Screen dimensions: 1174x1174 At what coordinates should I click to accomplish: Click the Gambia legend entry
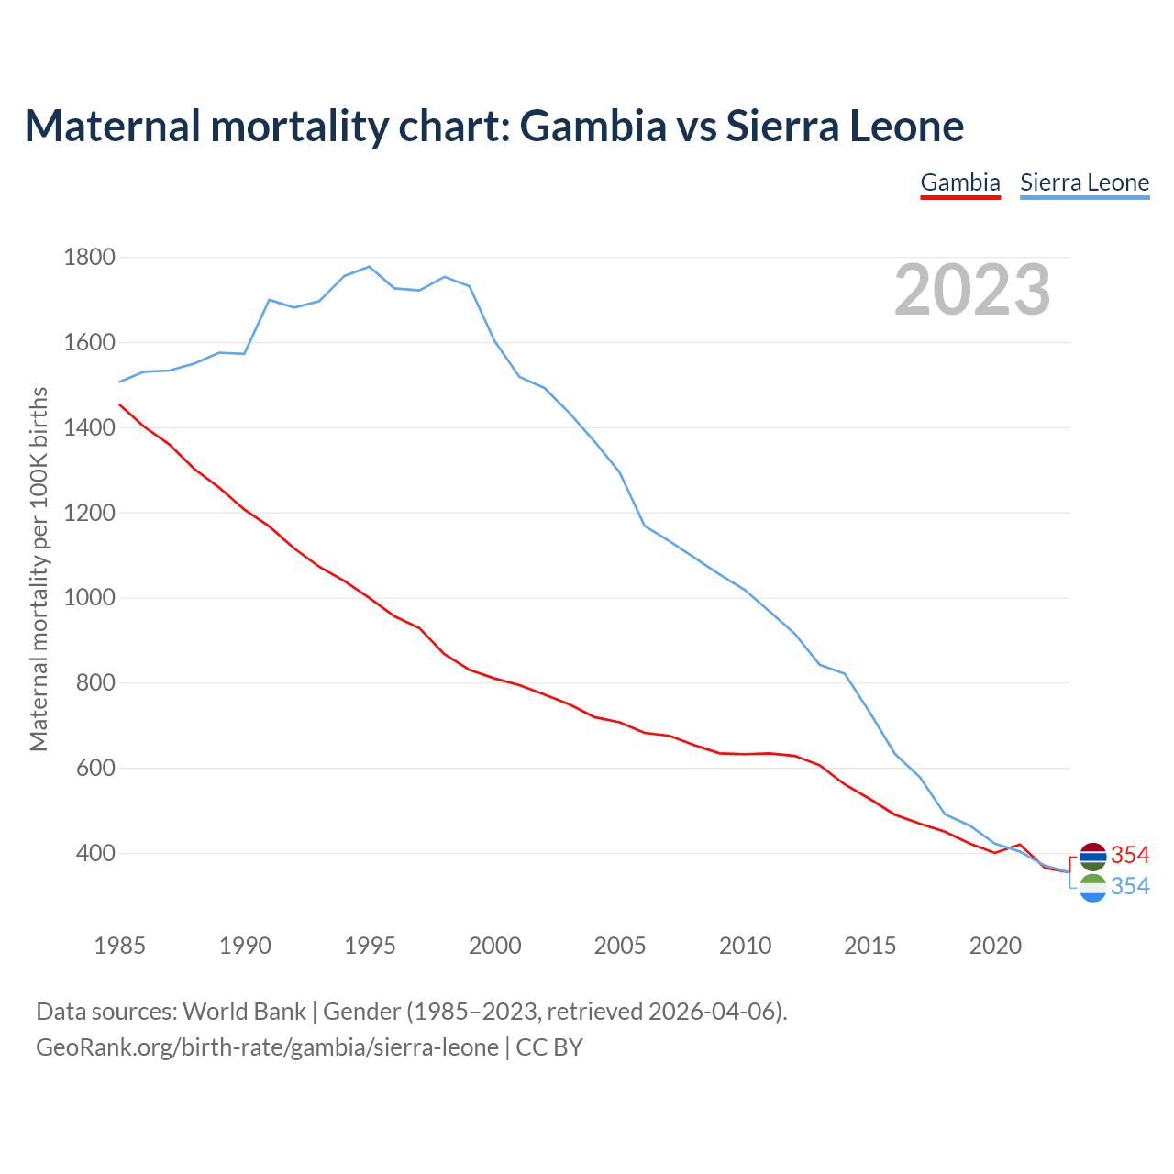(959, 183)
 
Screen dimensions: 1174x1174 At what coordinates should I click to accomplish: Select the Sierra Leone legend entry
(1084, 183)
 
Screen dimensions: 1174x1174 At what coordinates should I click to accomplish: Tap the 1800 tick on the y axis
(89, 258)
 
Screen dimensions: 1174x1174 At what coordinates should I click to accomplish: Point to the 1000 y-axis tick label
(89, 598)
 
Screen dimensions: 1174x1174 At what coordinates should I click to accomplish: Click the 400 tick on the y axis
(95, 854)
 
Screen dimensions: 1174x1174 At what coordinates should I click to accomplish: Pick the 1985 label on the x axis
(119, 946)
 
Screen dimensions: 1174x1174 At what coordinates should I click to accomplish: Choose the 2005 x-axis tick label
(620, 946)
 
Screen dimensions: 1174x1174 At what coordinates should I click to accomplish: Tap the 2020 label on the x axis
(995, 946)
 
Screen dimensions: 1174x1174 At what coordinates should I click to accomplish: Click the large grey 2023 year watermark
(972, 290)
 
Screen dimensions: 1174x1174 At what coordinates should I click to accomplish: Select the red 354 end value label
(1130, 856)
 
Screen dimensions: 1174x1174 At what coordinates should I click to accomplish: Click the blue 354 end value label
(1130, 887)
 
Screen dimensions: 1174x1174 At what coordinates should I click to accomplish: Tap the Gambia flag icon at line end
(1092, 857)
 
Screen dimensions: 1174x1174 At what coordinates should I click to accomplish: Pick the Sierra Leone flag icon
(1092, 888)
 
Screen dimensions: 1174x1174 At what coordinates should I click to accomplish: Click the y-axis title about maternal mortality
(39, 569)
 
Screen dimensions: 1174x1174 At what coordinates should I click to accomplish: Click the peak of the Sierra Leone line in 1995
(369, 267)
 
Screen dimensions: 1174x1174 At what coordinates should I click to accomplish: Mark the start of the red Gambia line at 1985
(120, 404)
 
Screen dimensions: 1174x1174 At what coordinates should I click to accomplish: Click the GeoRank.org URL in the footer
(267, 1047)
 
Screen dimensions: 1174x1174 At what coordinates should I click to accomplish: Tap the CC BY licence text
(549, 1047)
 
